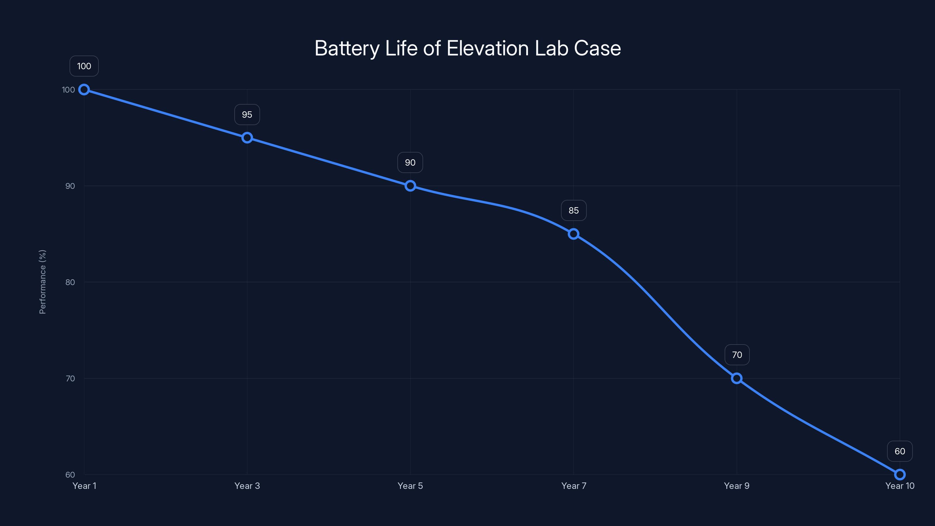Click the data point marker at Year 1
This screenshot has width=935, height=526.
(x=84, y=90)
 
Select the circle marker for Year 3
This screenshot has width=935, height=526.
(x=247, y=138)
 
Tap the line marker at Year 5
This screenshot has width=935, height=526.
(x=410, y=186)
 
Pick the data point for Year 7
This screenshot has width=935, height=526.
(x=574, y=234)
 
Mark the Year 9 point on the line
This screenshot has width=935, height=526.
(x=736, y=378)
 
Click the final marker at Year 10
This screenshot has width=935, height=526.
(x=900, y=475)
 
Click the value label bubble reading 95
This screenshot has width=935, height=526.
(x=247, y=115)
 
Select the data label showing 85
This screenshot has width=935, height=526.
(x=574, y=210)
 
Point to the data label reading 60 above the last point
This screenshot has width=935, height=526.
(x=900, y=451)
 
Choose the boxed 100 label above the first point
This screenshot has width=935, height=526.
(x=84, y=66)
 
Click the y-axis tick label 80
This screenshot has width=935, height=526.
(x=70, y=282)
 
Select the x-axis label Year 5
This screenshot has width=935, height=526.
(x=410, y=486)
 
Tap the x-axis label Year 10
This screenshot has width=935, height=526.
(x=900, y=486)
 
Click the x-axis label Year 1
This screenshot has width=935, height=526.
(x=84, y=486)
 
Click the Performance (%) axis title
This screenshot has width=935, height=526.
(x=42, y=282)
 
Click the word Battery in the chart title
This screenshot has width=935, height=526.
(x=347, y=49)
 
